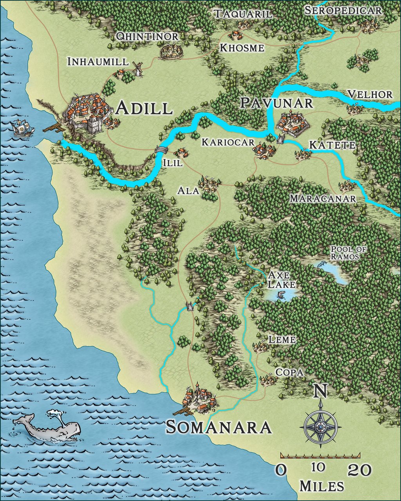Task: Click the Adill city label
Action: [x=145, y=108]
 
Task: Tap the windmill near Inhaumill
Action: [x=137, y=69]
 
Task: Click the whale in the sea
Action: [x=49, y=429]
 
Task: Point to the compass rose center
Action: [x=321, y=427]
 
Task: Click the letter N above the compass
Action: [x=321, y=391]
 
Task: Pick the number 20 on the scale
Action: [x=360, y=470]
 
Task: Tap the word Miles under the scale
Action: [x=322, y=486]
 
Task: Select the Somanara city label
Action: [x=219, y=427]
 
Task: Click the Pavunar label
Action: [x=276, y=103]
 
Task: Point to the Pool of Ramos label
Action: [x=345, y=253]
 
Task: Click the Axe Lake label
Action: [x=282, y=279]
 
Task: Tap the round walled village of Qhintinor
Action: [x=171, y=51]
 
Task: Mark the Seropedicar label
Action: [x=343, y=11]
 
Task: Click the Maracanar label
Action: [x=323, y=198]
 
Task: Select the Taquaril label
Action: [x=243, y=14]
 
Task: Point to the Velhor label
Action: [x=370, y=94]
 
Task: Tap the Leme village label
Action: [x=282, y=339]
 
